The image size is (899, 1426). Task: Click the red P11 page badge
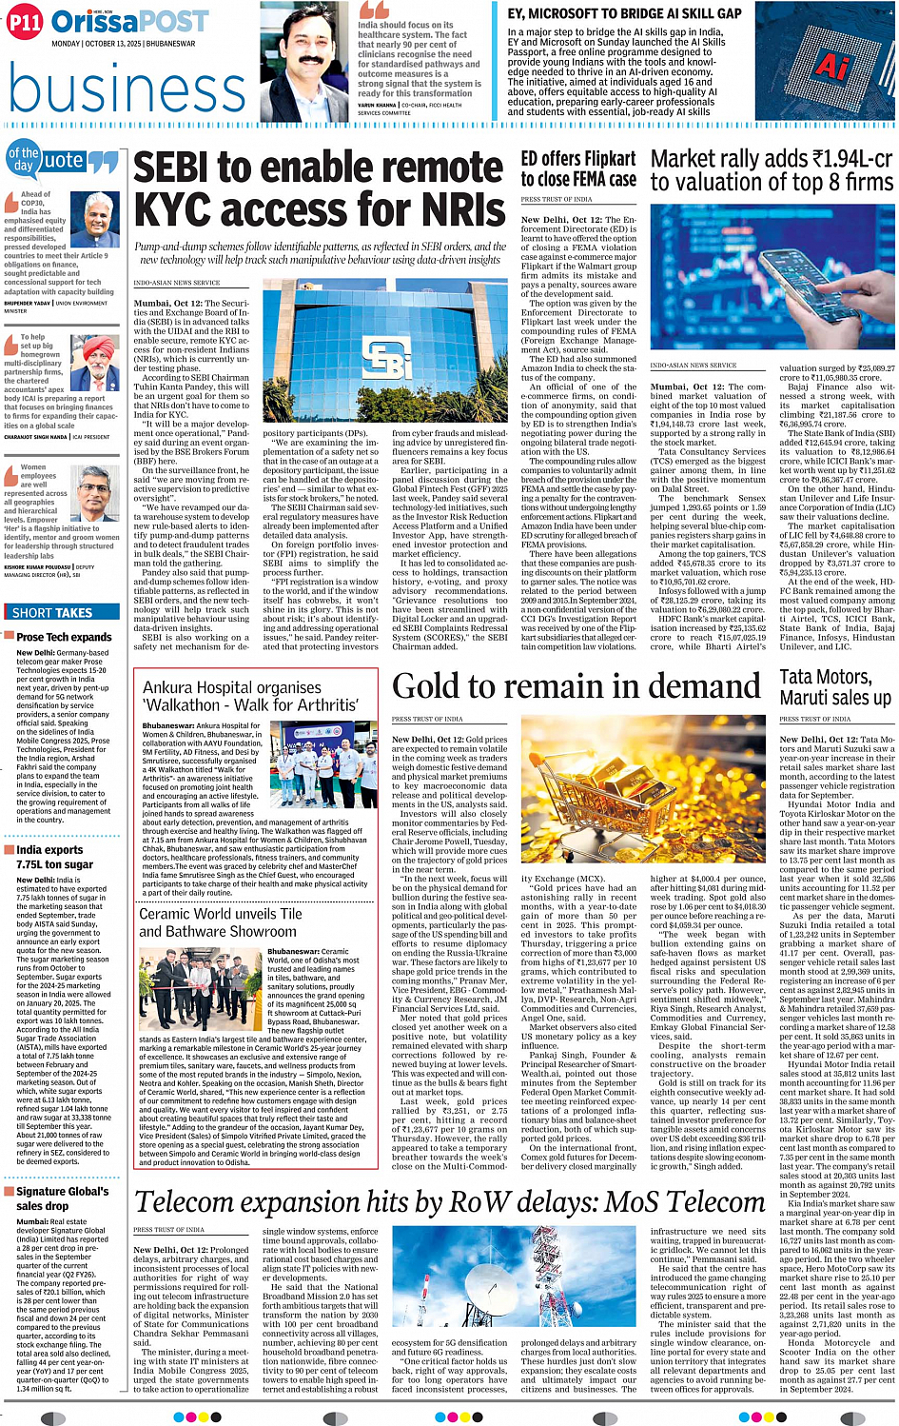click(x=25, y=23)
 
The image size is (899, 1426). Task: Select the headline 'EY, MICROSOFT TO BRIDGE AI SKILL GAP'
click(x=624, y=13)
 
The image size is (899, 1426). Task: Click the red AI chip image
click(x=833, y=66)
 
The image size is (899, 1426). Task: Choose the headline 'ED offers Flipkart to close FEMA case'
click(x=578, y=169)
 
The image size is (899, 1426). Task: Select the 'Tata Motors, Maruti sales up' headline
click(x=834, y=687)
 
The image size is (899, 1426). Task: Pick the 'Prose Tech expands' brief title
click(x=64, y=637)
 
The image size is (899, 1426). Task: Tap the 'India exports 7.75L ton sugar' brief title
click(x=54, y=857)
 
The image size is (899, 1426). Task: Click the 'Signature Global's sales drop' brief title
click(x=62, y=1198)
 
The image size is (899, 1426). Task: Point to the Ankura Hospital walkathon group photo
click(x=324, y=764)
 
